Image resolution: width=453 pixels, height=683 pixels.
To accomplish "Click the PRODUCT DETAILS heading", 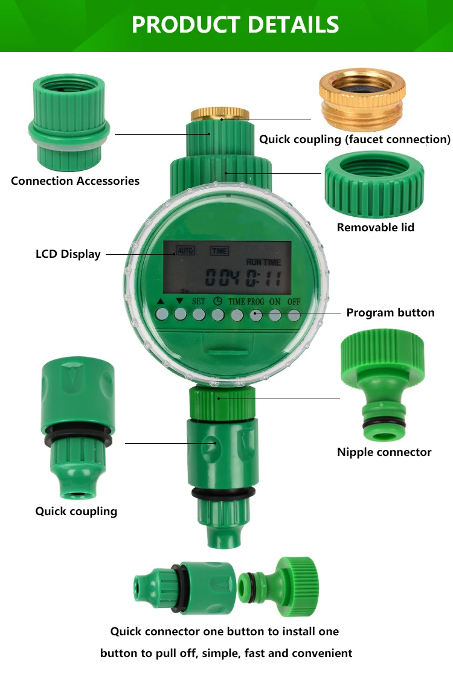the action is click(235, 25).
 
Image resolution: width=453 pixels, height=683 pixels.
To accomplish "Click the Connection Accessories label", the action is click(75, 181).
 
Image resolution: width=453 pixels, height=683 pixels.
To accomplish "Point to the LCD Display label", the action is click(68, 254).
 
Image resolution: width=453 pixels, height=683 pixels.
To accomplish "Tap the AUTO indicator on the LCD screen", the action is click(185, 250).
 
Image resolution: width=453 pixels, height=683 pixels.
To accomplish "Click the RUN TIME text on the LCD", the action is click(263, 262).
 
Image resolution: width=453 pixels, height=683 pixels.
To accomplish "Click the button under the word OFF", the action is click(294, 315).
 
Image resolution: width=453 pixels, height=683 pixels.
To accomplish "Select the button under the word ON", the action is click(275, 315).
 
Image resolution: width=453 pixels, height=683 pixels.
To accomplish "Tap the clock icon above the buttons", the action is click(217, 301).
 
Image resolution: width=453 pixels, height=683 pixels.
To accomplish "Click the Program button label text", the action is click(390, 313).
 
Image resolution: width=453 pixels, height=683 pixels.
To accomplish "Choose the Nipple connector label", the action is click(384, 452).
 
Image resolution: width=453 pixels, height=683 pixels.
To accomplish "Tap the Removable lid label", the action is click(376, 228).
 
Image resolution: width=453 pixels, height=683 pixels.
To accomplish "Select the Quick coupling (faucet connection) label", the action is click(355, 139).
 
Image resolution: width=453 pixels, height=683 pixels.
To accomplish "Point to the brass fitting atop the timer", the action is click(220, 113).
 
